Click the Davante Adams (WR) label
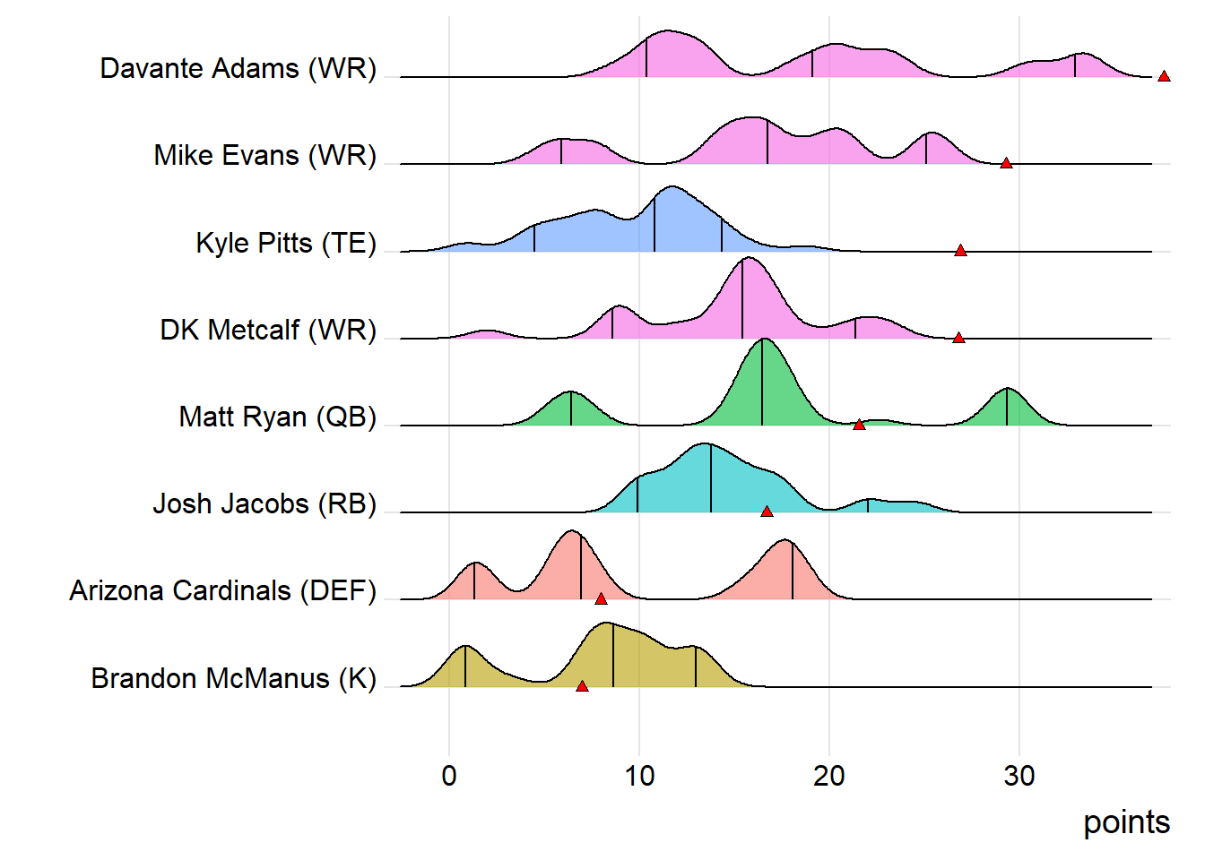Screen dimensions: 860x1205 click(238, 69)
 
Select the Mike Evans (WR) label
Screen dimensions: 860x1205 click(264, 156)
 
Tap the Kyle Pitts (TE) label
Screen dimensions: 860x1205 click(286, 243)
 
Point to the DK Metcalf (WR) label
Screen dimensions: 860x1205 click(268, 330)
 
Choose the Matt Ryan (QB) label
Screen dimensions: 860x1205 click(277, 417)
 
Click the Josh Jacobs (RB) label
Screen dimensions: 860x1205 click(264, 503)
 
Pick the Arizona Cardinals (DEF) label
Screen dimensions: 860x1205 click(222, 590)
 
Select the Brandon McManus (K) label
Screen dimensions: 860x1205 click(233, 678)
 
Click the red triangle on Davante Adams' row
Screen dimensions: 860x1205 click(1164, 76)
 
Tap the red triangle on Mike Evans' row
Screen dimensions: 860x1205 click(1006, 163)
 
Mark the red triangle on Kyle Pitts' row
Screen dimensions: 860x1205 click(960, 251)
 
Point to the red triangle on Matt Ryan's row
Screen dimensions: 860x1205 click(859, 425)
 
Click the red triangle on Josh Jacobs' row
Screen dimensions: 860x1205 click(767, 512)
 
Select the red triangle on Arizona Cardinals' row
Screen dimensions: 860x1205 click(601, 598)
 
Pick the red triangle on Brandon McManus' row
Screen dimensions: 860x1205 click(582, 686)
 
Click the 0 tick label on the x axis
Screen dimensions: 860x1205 click(449, 776)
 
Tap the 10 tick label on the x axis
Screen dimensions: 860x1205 click(639, 776)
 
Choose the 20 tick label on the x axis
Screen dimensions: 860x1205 click(829, 776)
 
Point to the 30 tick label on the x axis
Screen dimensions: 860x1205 click(1019, 776)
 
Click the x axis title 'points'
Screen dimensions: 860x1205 click(1126, 822)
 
